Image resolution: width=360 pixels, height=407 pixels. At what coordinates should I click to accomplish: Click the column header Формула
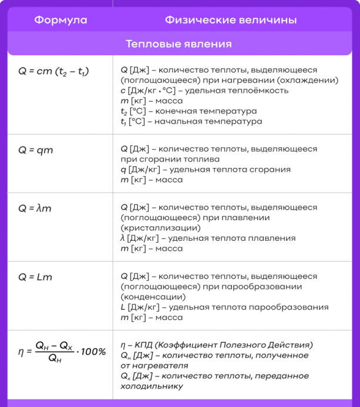click(x=60, y=20)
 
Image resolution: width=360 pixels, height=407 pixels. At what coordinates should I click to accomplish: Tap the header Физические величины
click(x=230, y=20)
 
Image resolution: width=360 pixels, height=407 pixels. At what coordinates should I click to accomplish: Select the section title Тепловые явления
click(x=179, y=44)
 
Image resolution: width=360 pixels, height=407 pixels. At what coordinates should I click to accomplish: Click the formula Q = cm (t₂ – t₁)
click(x=53, y=72)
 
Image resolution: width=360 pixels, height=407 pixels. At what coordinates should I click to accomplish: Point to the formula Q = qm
click(x=36, y=150)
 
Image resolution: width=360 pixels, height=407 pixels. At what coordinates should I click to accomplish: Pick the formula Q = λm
click(x=35, y=208)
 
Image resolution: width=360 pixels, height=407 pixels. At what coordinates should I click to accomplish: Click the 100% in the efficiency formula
click(x=93, y=351)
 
